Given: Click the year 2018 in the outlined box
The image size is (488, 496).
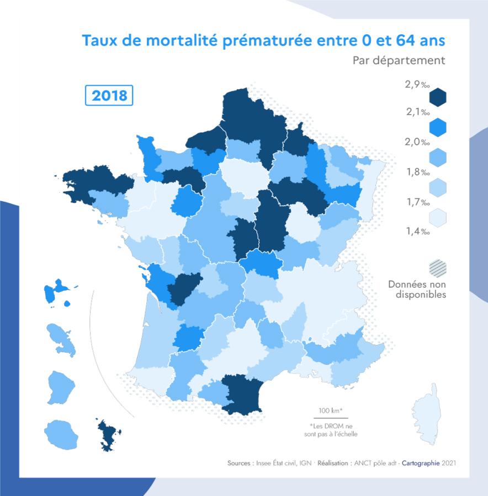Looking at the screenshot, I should tap(109, 95).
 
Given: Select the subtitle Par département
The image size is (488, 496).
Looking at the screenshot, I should tap(399, 60).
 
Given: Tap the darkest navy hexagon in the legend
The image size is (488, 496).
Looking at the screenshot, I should tap(437, 98).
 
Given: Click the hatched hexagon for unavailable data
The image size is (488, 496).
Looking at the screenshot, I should tap(437, 268).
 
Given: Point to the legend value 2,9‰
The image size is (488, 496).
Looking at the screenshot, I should tap(417, 84).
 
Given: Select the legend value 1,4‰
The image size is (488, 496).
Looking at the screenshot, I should tap(417, 231).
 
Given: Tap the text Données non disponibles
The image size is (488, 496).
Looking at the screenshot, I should tap(417, 289).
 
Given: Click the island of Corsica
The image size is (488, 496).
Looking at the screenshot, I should tap(426, 413).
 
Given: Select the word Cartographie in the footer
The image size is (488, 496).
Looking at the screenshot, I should tap(421, 463).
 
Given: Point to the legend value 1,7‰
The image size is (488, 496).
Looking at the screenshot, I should tap(417, 202).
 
